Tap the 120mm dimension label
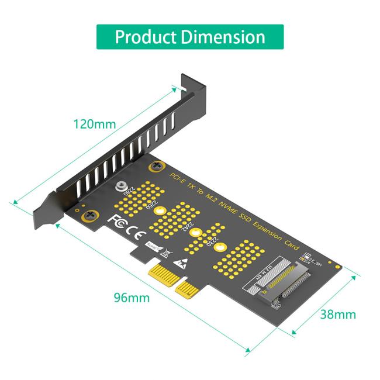[94, 125]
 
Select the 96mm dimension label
[132, 298]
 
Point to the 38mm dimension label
[338, 315]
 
